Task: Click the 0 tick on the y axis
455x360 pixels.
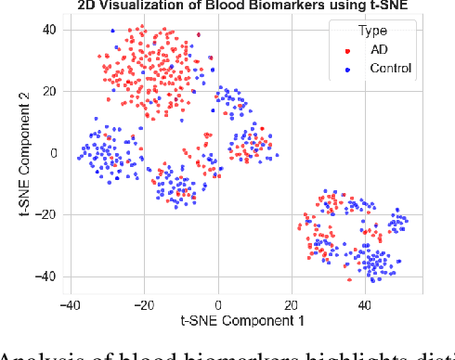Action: tap(54, 153)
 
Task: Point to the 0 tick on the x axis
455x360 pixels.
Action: tap(218, 302)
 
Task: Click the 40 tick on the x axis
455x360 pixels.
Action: tap(364, 302)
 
